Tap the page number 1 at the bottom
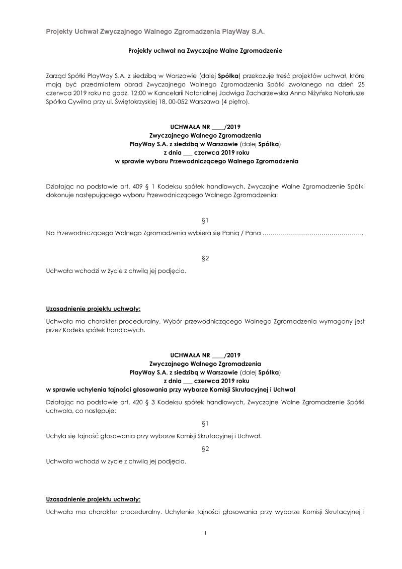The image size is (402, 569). (205, 533)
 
